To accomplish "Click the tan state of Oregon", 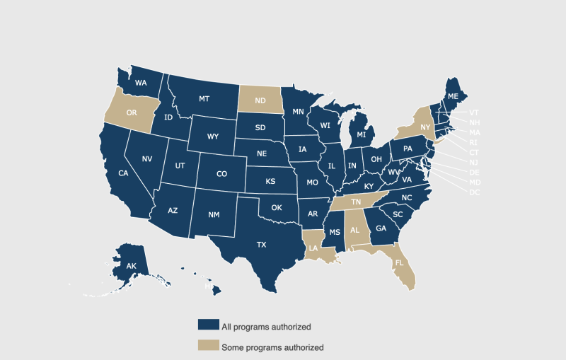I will pyautogui.click(x=131, y=112).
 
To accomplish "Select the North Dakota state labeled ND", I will pyautogui.click(x=260, y=100).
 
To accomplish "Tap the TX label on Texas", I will pyautogui.click(x=261, y=245).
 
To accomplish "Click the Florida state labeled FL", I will pyautogui.click(x=400, y=262).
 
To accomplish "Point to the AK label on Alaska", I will pyautogui.click(x=131, y=266).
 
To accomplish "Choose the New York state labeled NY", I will pyautogui.click(x=425, y=127).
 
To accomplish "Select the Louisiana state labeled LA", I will pyautogui.click(x=313, y=248).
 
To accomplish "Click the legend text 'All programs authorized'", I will pyautogui.click(x=266, y=327).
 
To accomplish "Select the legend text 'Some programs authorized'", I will pyautogui.click(x=272, y=347).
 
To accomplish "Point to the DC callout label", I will pyautogui.click(x=474, y=192).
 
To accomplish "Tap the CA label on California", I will pyautogui.click(x=123, y=173).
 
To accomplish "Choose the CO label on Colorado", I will pyautogui.click(x=221, y=173).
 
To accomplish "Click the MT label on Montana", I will pyautogui.click(x=204, y=98).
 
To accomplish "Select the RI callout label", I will pyautogui.click(x=473, y=142).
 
